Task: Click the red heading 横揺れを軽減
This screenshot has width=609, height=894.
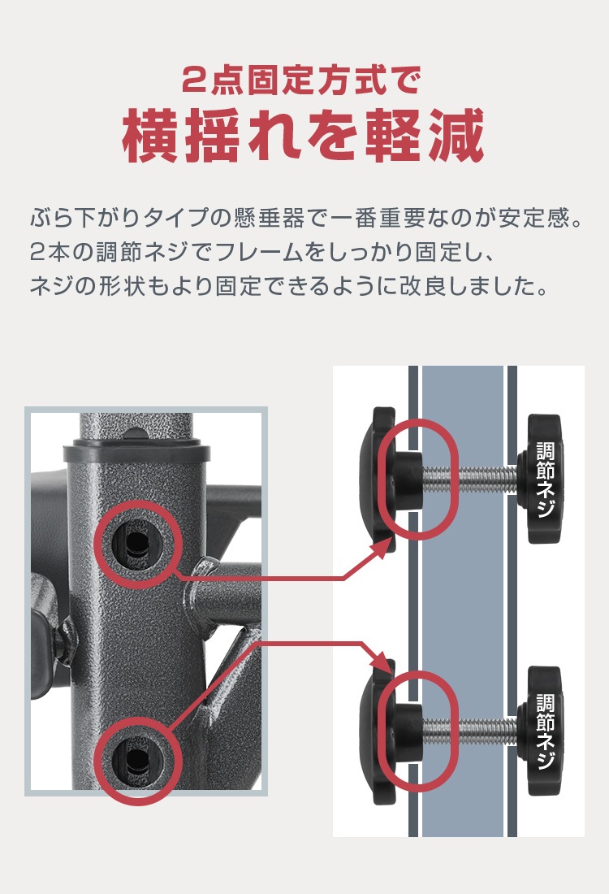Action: click(304, 136)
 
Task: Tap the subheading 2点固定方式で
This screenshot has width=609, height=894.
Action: click(304, 80)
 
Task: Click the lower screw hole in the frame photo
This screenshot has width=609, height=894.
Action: click(135, 759)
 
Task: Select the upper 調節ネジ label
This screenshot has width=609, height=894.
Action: click(546, 480)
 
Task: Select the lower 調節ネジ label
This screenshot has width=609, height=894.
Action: click(546, 731)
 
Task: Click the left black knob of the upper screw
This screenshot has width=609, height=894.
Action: click(380, 480)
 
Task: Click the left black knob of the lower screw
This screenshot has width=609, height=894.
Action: click(380, 730)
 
